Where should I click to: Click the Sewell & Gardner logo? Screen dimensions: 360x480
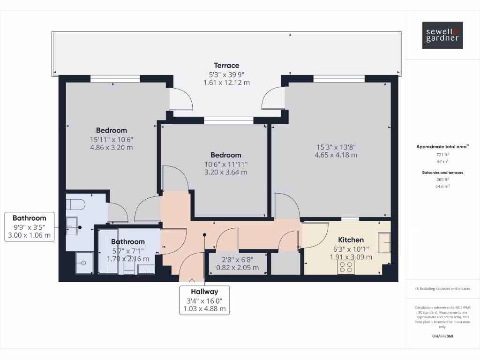click(442, 35)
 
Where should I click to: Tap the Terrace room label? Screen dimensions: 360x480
click(226, 66)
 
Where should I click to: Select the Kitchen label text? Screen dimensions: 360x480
click(351, 240)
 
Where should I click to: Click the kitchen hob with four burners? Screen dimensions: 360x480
click(346, 267)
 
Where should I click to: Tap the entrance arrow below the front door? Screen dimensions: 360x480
click(192, 281)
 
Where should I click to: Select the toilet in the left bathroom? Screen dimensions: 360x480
click(75, 204)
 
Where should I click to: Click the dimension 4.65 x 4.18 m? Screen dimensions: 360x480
click(336, 155)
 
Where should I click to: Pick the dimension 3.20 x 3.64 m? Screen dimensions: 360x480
click(225, 172)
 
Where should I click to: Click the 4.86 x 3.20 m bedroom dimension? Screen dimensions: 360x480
click(112, 147)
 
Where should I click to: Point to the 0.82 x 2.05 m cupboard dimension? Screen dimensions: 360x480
click(237, 268)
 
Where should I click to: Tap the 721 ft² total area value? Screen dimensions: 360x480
click(442, 154)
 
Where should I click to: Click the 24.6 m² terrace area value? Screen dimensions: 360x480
click(442, 186)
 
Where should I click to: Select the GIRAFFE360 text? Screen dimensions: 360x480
click(442, 336)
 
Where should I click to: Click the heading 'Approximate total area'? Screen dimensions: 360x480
click(442, 147)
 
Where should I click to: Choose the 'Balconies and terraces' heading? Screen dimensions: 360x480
click(442, 172)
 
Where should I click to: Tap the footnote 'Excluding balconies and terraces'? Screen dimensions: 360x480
click(442, 289)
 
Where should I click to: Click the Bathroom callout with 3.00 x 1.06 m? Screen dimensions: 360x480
click(29, 226)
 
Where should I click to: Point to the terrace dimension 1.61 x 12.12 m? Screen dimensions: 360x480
click(226, 82)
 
